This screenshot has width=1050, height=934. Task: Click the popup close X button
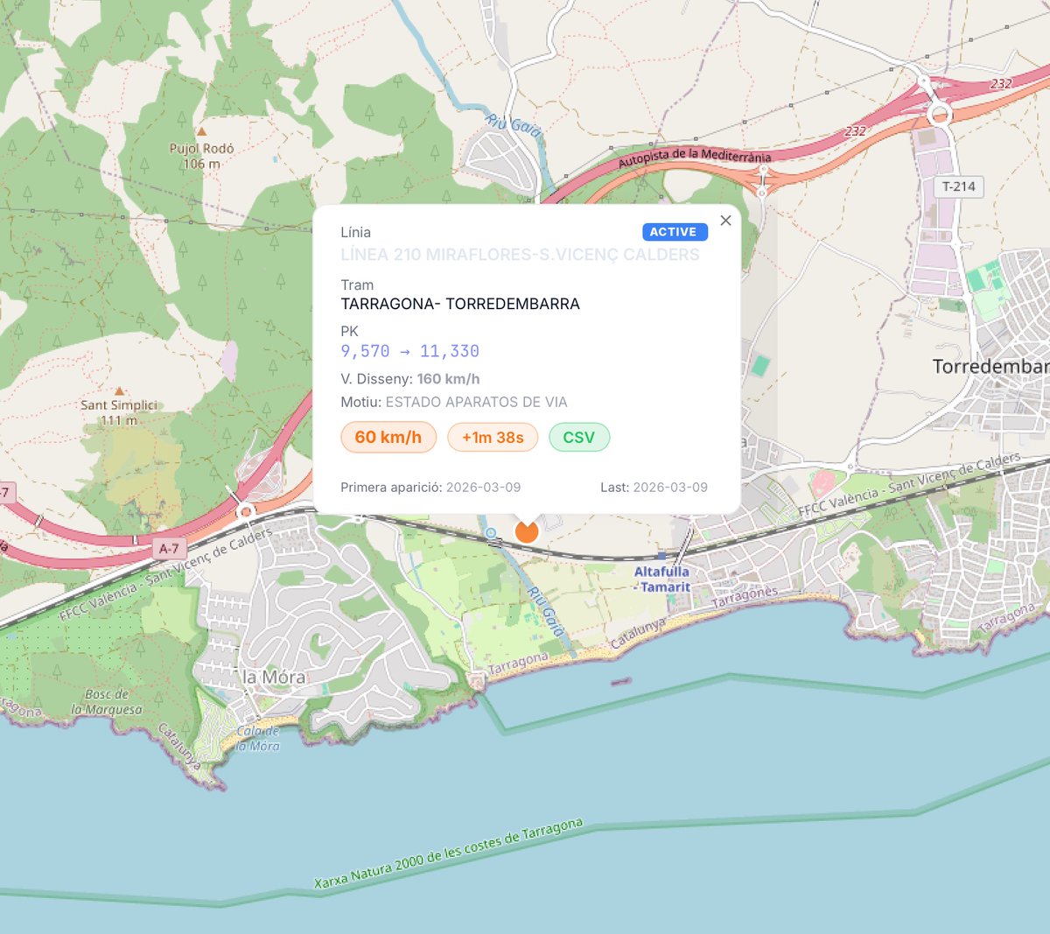click(x=725, y=221)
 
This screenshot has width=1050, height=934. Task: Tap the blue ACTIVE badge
click(x=674, y=232)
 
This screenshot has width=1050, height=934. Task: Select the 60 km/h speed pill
click(x=388, y=438)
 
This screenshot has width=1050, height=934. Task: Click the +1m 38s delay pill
click(x=493, y=438)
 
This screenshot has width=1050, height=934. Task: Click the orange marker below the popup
click(x=527, y=530)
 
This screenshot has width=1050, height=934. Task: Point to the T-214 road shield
click(x=959, y=186)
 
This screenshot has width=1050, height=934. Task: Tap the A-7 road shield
click(x=169, y=549)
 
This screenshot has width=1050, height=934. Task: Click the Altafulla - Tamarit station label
click(x=662, y=579)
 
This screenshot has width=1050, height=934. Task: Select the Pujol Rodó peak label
click(x=201, y=156)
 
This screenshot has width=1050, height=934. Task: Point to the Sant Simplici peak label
click(x=119, y=412)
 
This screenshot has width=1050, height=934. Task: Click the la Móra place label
click(x=274, y=678)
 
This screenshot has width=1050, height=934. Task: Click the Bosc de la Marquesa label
click(x=107, y=702)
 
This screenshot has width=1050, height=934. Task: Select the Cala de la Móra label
click(x=258, y=738)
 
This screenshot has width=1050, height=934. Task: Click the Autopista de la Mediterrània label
click(x=695, y=158)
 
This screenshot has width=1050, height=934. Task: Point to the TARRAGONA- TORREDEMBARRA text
click(x=460, y=305)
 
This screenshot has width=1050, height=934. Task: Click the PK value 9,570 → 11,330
click(x=409, y=352)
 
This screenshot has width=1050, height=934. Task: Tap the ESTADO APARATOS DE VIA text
click(x=476, y=403)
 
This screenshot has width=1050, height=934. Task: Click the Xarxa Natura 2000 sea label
click(x=449, y=854)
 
